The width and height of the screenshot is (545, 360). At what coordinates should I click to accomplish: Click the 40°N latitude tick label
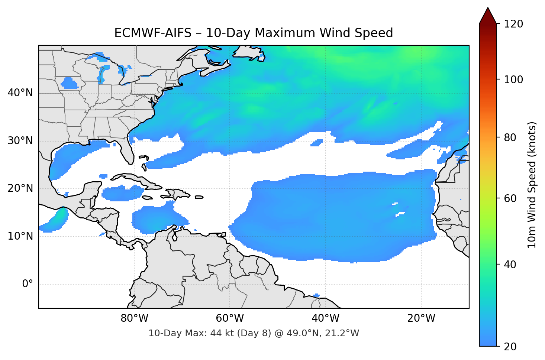[20, 93]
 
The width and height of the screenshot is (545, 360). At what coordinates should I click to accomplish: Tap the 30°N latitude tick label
[20, 141]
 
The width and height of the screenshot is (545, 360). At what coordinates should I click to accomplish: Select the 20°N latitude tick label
[20, 188]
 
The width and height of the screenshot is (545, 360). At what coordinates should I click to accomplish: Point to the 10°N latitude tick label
[20, 236]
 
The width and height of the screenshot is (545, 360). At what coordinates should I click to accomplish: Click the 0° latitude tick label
[28, 284]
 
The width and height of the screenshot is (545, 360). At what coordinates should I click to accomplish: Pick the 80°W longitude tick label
[134, 318]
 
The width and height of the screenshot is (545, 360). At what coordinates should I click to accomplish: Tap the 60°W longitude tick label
[230, 318]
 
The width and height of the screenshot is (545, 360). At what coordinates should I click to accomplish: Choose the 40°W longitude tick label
[325, 318]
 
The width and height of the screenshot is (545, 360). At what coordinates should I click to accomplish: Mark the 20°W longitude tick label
[421, 318]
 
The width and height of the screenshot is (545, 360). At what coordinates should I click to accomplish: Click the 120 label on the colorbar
[513, 24]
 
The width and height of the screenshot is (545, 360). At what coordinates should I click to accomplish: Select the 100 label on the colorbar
[513, 80]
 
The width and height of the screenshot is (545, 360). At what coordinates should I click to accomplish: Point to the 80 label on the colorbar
[510, 137]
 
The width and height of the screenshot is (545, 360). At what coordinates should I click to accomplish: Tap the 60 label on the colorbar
[510, 198]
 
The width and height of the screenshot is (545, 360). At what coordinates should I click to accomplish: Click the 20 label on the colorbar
[510, 347]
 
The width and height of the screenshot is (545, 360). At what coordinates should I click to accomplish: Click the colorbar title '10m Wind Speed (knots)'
[532, 185]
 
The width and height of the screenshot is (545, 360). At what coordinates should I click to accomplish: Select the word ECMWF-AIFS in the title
[152, 33]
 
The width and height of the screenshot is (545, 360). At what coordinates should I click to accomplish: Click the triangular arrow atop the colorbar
[488, 16]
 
